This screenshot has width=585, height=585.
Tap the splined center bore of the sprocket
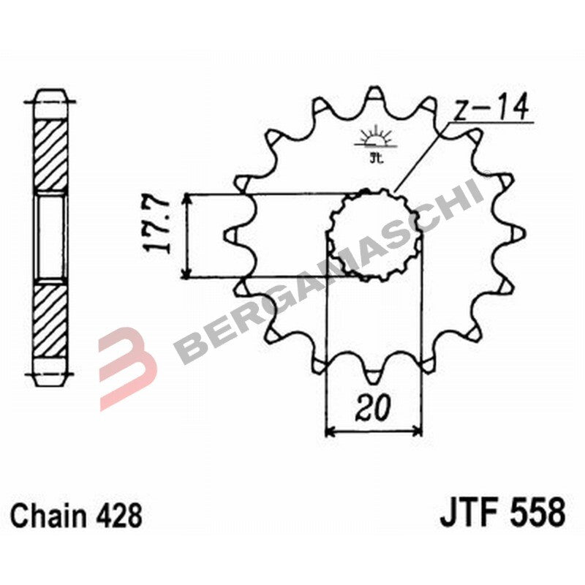(x=374, y=235)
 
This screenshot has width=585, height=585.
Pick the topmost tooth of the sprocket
(x=374, y=94)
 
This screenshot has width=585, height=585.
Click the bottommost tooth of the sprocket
(x=374, y=376)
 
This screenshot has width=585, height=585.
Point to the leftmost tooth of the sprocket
(x=228, y=235)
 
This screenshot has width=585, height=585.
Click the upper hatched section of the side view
(x=50, y=156)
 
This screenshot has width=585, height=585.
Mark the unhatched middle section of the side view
(x=50, y=236)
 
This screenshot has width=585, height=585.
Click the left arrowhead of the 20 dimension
(x=330, y=431)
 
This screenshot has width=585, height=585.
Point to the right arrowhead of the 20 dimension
(x=418, y=431)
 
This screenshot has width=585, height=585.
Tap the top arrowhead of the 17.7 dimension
(x=189, y=200)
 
